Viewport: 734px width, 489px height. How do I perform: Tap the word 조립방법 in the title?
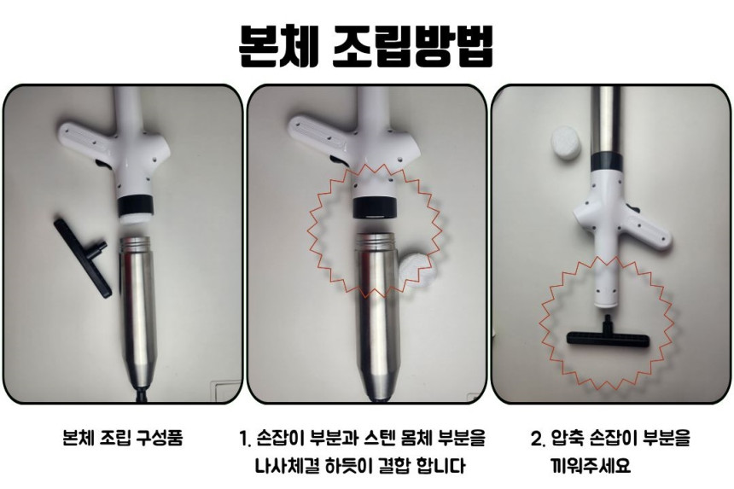(x=413, y=45)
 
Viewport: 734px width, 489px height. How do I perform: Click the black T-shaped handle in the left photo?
(x=83, y=257)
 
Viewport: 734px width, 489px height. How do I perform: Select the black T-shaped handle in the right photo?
(x=608, y=332)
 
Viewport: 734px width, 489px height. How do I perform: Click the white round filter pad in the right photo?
(x=566, y=143)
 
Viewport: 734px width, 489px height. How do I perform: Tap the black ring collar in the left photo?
(x=134, y=204)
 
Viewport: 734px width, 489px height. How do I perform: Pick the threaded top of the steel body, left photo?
(x=136, y=244)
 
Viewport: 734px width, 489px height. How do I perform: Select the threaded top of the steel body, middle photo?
(x=377, y=240)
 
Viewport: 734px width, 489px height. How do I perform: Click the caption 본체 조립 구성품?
(x=123, y=438)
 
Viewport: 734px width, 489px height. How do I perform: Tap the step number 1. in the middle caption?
(x=245, y=439)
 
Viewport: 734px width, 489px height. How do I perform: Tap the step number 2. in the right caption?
(x=538, y=439)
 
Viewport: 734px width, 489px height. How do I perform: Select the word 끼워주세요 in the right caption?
(x=591, y=466)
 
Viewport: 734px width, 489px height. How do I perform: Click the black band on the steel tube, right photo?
(x=607, y=161)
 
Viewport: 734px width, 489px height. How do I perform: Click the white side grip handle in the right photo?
(x=648, y=230)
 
